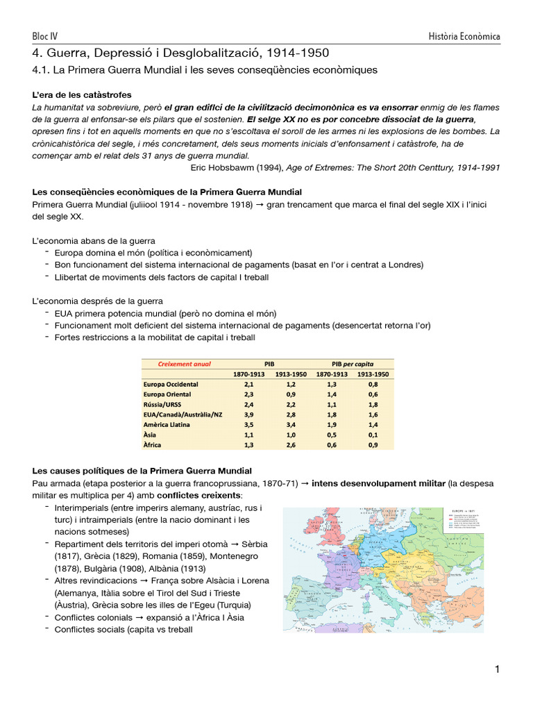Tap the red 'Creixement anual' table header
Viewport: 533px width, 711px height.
click(184, 363)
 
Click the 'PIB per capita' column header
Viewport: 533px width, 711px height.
click(353, 363)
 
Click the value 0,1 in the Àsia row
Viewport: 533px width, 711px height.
click(373, 434)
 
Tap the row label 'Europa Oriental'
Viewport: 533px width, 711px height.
click(169, 394)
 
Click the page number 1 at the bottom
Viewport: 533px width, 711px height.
click(497, 669)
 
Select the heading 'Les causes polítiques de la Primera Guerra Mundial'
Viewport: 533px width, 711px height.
click(142, 471)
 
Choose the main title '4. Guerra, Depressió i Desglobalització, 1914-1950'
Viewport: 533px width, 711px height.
click(180, 53)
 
